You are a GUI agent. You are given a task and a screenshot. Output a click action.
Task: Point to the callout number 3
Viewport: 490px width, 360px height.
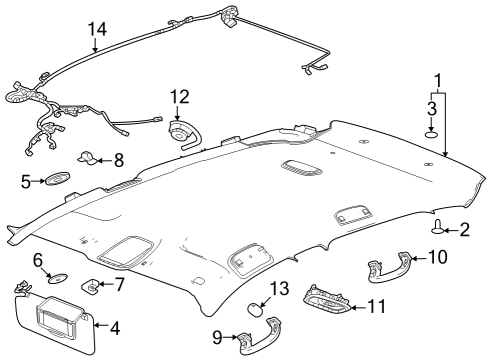[x=432, y=107]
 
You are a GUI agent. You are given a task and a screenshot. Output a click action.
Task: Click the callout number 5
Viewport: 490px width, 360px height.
[x=27, y=181]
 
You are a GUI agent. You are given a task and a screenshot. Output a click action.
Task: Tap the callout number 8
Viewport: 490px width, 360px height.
[x=118, y=158]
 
